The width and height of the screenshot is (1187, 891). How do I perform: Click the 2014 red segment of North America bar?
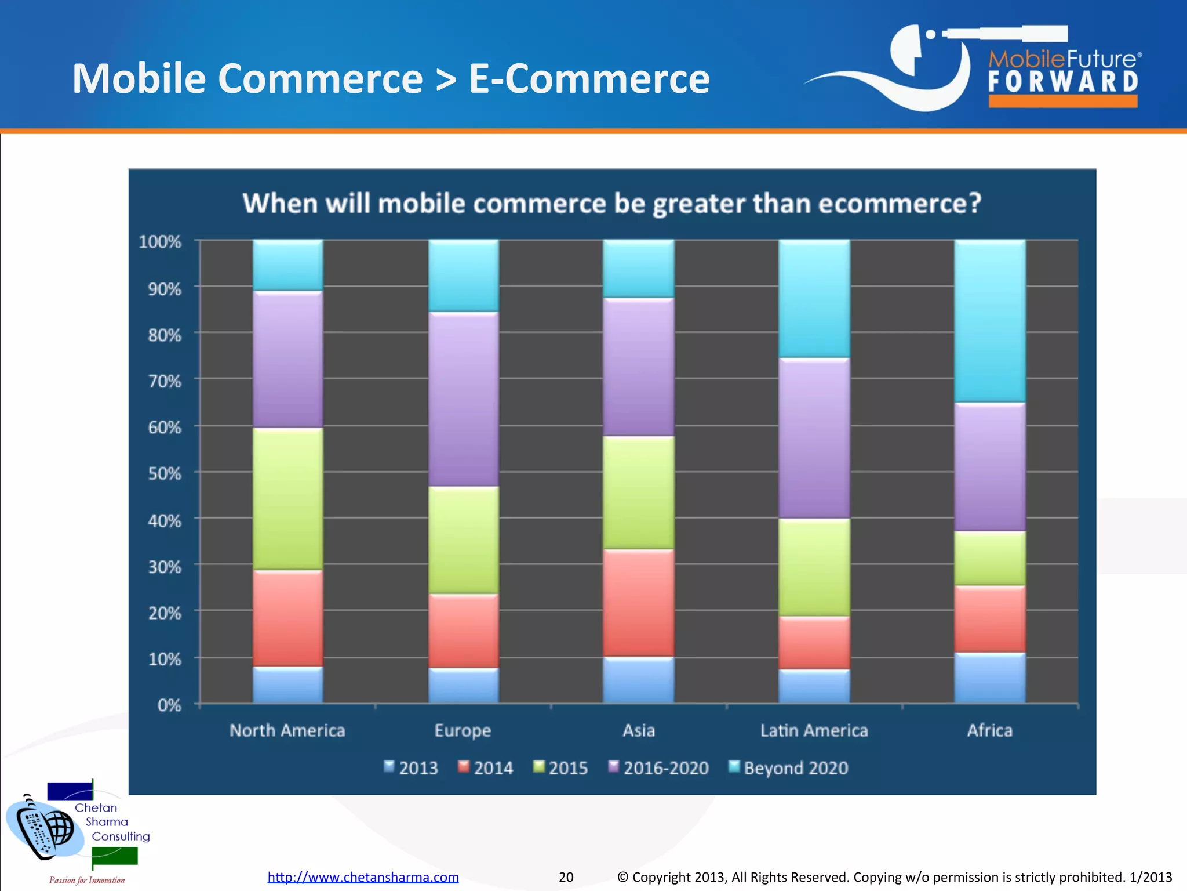(x=288, y=618)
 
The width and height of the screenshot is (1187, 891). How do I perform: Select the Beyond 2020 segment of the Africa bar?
(x=990, y=321)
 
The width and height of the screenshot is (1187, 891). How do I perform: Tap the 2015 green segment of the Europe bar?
(x=464, y=540)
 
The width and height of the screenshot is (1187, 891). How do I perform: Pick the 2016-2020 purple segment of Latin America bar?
(x=814, y=438)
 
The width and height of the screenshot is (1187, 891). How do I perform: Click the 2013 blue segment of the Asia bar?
(x=639, y=680)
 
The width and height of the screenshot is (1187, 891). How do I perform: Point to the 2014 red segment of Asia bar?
(x=639, y=603)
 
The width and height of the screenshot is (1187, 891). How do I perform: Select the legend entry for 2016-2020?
(x=658, y=767)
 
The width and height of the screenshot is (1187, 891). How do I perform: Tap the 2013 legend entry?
(x=411, y=767)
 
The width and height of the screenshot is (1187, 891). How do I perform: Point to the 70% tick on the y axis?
(x=165, y=381)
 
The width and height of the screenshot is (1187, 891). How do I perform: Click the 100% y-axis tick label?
(x=160, y=241)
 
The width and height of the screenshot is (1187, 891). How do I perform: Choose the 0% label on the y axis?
(x=169, y=705)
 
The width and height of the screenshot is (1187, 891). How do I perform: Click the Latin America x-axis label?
(x=814, y=730)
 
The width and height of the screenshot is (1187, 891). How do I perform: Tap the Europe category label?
(x=463, y=730)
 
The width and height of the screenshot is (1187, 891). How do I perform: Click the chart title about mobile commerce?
(x=611, y=204)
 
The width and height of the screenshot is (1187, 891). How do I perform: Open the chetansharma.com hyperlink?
(x=363, y=877)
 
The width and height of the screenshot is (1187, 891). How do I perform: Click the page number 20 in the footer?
(x=566, y=877)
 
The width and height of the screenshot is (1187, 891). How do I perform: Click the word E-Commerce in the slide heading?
(x=589, y=79)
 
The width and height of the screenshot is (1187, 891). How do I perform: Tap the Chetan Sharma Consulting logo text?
(x=107, y=822)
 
